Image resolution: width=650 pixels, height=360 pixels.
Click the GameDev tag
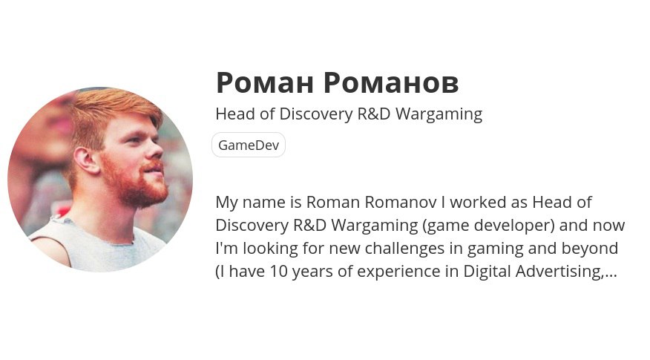pos(249,145)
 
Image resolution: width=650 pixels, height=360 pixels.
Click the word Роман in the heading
pos(264,82)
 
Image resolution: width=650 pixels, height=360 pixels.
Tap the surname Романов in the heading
pos(391,82)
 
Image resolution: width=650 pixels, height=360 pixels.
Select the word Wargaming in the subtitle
pos(439,114)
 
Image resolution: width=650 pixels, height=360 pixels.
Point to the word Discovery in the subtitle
pos(316,114)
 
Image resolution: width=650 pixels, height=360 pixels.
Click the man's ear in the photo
pos(86,160)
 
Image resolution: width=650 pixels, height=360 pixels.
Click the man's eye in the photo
pos(135,140)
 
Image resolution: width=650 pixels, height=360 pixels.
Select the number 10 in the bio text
pos(278,271)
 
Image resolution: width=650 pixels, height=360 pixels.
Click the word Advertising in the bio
pos(559,271)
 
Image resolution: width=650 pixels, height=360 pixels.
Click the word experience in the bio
pos(398,272)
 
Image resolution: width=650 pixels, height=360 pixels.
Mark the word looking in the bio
pos(270,249)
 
